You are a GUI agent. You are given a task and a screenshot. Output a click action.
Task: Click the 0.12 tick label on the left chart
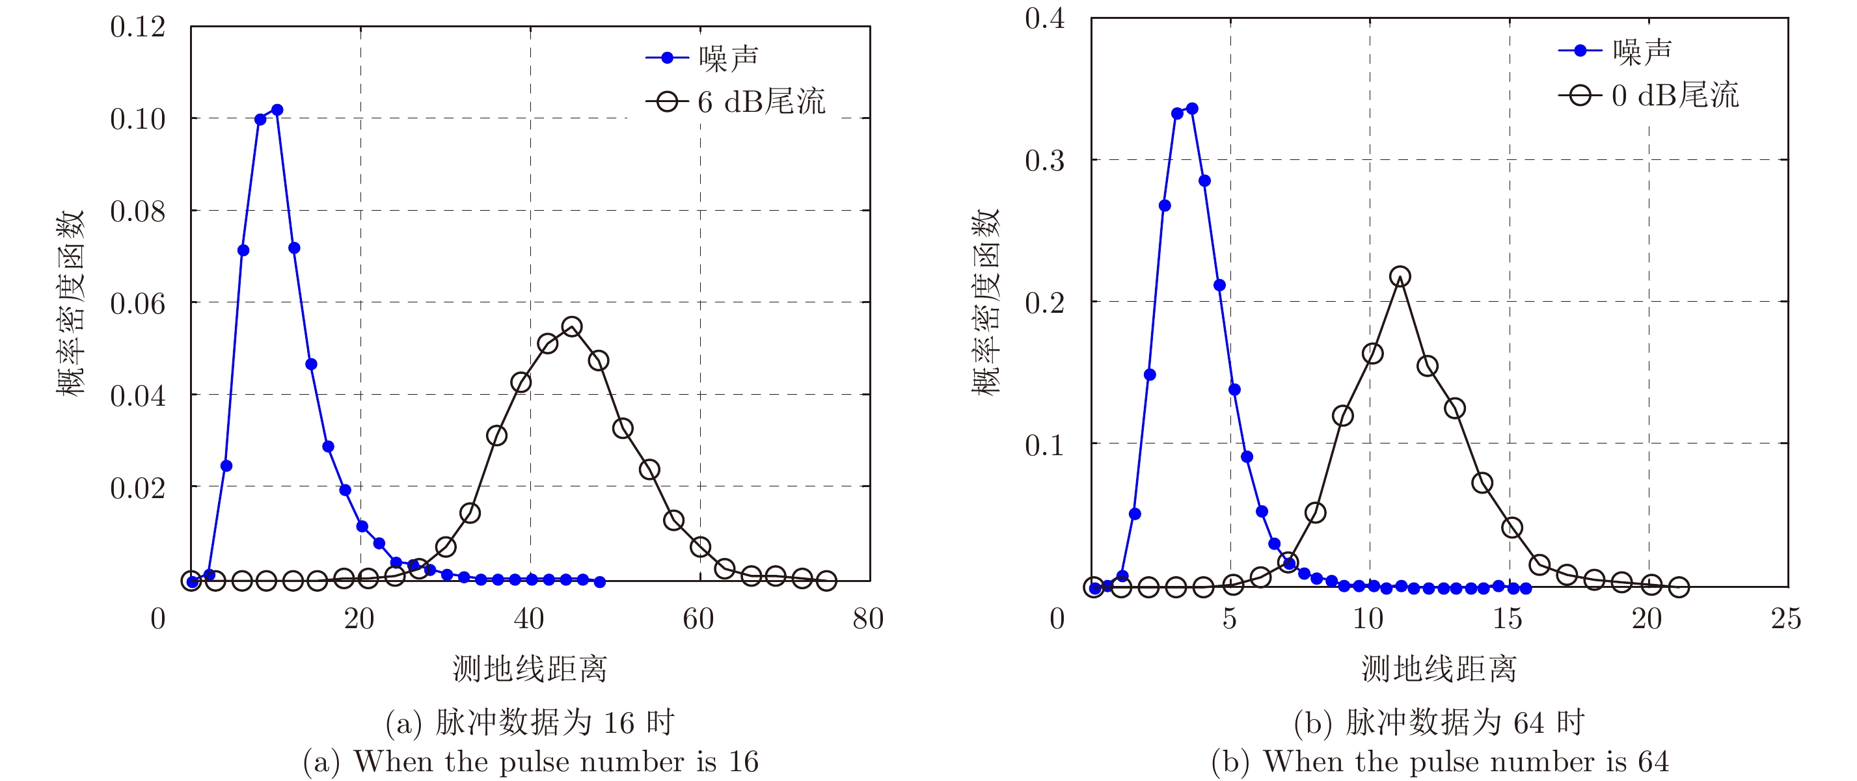point(138,27)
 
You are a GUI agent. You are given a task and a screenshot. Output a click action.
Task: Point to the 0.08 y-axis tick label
point(138,212)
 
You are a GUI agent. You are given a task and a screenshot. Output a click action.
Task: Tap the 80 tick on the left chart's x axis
point(868,619)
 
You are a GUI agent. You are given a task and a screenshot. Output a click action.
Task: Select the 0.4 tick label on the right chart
point(1044,19)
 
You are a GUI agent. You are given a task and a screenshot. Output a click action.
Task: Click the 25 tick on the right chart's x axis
point(1785,619)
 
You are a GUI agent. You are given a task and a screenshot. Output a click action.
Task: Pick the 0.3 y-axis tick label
point(1044,161)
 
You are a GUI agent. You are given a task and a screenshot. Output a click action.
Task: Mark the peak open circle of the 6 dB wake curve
point(572,327)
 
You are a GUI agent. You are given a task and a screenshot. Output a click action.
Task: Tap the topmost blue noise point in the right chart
point(1192,109)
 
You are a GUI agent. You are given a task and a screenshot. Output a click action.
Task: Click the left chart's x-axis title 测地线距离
point(530,668)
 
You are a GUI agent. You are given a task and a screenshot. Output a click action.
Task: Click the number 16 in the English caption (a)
point(742,761)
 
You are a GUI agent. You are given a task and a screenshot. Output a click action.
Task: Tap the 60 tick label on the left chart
point(698,619)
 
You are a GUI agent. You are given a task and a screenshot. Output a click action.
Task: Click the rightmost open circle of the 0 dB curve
point(1679,587)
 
